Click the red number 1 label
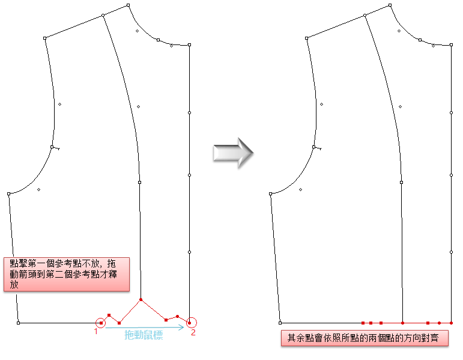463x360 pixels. pyautogui.click(x=95, y=331)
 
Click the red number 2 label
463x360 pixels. pyautogui.click(x=193, y=332)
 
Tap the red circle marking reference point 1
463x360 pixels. pyautogui.click(x=101, y=323)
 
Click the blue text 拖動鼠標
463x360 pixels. pyautogui.click(x=143, y=335)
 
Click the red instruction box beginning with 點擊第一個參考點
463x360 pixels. pyautogui.click(x=66, y=274)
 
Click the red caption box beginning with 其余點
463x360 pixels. pyautogui.click(x=365, y=338)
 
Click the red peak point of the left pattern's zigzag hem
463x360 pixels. pyautogui.click(x=141, y=299)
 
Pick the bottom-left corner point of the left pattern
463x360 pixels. pyautogui.click(x=19, y=323)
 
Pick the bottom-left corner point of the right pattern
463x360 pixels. pyautogui.click(x=280, y=323)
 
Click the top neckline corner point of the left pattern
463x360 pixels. pyautogui.click(x=128, y=5)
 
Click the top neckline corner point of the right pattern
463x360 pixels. pyautogui.click(x=390, y=5)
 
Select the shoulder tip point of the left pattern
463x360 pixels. pyautogui.click(x=45, y=38)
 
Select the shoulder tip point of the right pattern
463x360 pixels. pyautogui.click(x=307, y=38)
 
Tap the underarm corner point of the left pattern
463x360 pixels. pyautogui.click(x=9, y=194)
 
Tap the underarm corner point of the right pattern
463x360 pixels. pyautogui.click(x=271, y=194)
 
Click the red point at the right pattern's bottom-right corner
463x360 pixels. pyautogui.click(x=452, y=323)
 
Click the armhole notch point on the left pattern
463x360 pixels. pyautogui.click(x=53, y=147)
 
